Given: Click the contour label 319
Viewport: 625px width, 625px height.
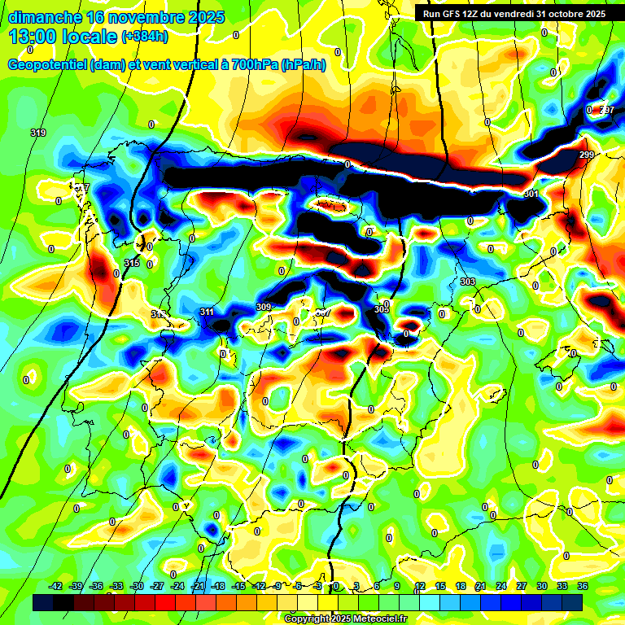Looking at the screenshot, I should (x=38, y=133).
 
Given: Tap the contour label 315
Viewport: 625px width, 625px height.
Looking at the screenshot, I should (x=132, y=263).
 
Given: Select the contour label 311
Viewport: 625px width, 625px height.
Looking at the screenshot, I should (x=207, y=312).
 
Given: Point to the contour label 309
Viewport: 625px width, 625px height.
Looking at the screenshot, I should (x=263, y=307).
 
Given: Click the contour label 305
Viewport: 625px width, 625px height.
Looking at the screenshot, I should (x=382, y=309).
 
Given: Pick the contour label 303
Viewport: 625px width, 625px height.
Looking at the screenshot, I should (x=467, y=282).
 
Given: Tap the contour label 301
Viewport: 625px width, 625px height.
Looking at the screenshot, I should (x=531, y=194).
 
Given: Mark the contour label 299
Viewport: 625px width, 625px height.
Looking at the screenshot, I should (x=587, y=155).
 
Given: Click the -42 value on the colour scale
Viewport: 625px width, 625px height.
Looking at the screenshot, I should (x=56, y=586).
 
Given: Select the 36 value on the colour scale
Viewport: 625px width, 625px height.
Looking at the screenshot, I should (x=583, y=586).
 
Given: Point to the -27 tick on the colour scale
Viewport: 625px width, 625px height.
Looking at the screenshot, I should (x=157, y=586).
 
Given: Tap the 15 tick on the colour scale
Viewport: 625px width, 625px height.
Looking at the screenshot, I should (x=440, y=586).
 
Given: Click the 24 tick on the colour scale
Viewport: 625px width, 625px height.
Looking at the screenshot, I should (x=501, y=586).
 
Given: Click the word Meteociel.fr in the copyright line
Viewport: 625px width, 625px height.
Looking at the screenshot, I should (x=376, y=619).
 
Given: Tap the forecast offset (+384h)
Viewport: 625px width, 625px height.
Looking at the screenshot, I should (x=144, y=37).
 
